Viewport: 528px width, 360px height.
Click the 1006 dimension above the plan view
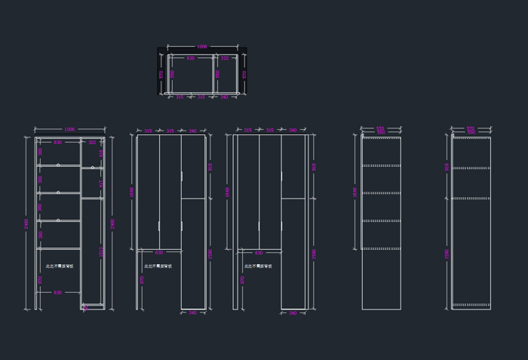coord(201,47)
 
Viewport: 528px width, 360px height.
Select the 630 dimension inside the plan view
coord(190,58)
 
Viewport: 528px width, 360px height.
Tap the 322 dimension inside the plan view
coord(225,58)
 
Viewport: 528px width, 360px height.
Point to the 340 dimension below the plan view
coord(224,97)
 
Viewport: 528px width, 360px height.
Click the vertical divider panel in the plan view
coord(213,74)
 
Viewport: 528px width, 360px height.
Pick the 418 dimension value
coord(101,153)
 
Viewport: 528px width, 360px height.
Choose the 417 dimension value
coord(101,183)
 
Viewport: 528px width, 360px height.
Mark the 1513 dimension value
coord(101,252)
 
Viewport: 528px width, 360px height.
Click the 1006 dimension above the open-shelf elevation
coord(69,129)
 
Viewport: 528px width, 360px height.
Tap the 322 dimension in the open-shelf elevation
coord(92,142)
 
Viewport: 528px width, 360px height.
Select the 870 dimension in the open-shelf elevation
coord(41,279)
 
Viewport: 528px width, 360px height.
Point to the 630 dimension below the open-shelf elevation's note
coord(58,292)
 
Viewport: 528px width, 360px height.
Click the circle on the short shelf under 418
coord(93,168)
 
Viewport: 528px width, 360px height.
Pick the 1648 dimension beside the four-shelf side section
coord(355,192)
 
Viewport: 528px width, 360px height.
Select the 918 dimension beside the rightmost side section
coord(447,167)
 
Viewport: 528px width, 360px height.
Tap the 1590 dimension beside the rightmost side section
coord(447,254)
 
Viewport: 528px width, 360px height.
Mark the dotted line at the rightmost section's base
coord(471,305)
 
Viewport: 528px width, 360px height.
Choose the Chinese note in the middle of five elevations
coord(258,266)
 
